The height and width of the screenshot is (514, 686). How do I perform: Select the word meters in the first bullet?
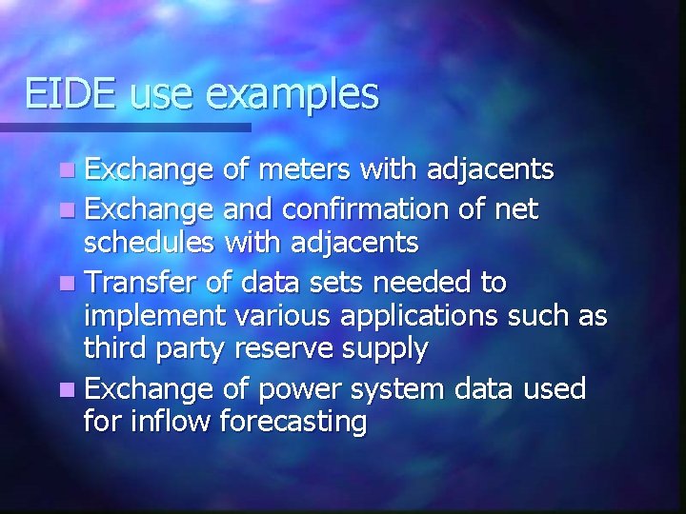[x=304, y=170]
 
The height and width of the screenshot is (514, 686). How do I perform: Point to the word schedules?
[x=150, y=244]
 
